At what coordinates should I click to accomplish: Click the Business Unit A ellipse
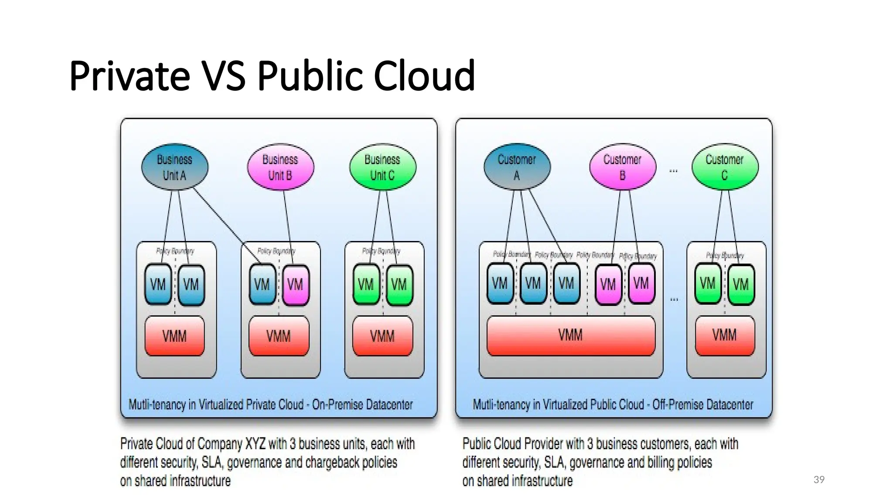click(174, 167)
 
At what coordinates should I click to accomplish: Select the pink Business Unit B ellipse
click(280, 167)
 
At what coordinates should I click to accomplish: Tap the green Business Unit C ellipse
click(382, 167)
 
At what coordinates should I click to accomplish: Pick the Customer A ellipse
click(517, 167)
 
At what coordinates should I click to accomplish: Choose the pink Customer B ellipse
click(622, 167)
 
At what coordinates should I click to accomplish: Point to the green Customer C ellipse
click(725, 167)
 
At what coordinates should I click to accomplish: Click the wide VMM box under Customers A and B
click(570, 335)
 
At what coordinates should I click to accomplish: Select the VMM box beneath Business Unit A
click(174, 336)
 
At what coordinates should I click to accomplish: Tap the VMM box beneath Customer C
click(725, 335)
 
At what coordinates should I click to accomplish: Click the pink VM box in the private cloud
click(295, 285)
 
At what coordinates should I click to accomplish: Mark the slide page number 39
click(819, 480)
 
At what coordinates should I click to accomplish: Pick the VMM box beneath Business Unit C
click(382, 336)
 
